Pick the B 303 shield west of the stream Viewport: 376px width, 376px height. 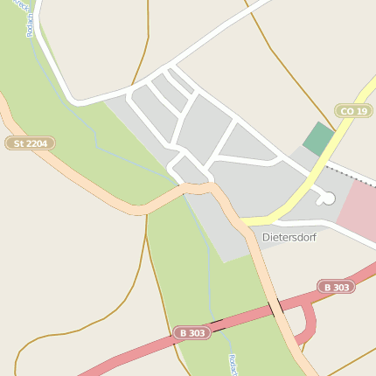tap(191, 333)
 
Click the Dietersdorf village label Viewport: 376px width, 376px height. tap(289, 237)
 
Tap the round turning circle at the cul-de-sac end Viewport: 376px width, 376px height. tap(328, 198)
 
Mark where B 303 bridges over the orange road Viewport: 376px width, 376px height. tap(275, 307)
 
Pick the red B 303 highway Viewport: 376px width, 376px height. tap(131, 352)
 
